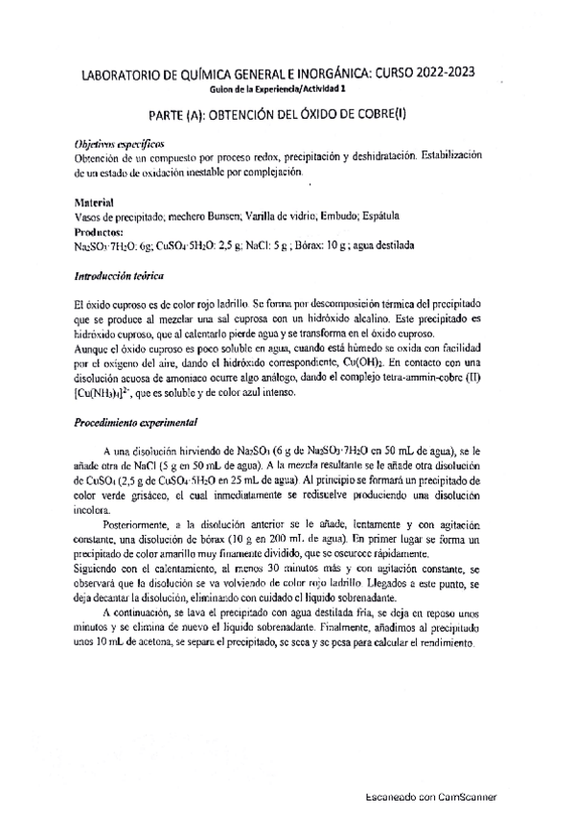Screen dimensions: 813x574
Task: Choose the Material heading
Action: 94,203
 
